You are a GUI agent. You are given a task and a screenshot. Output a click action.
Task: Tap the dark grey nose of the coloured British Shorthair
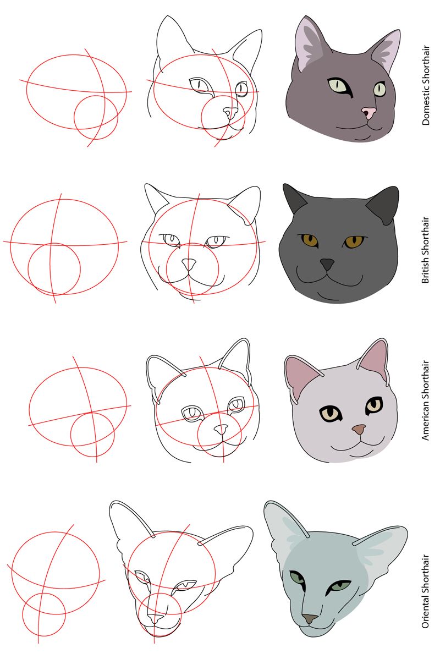pos(328,265)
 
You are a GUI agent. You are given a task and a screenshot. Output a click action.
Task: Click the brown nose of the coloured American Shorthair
pos(359,429)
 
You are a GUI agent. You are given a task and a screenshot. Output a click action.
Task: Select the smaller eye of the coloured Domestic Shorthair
pos(380,89)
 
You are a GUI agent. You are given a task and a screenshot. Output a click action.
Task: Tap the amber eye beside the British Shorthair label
pos(354,241)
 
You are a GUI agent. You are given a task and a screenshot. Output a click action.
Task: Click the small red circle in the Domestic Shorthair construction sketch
pos(96,117)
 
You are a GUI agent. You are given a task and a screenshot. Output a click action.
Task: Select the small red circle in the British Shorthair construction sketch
pos(54,270)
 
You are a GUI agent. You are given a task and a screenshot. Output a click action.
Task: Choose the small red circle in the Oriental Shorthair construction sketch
pos(44,613)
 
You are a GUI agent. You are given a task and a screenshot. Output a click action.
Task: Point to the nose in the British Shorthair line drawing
pos(189,265)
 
